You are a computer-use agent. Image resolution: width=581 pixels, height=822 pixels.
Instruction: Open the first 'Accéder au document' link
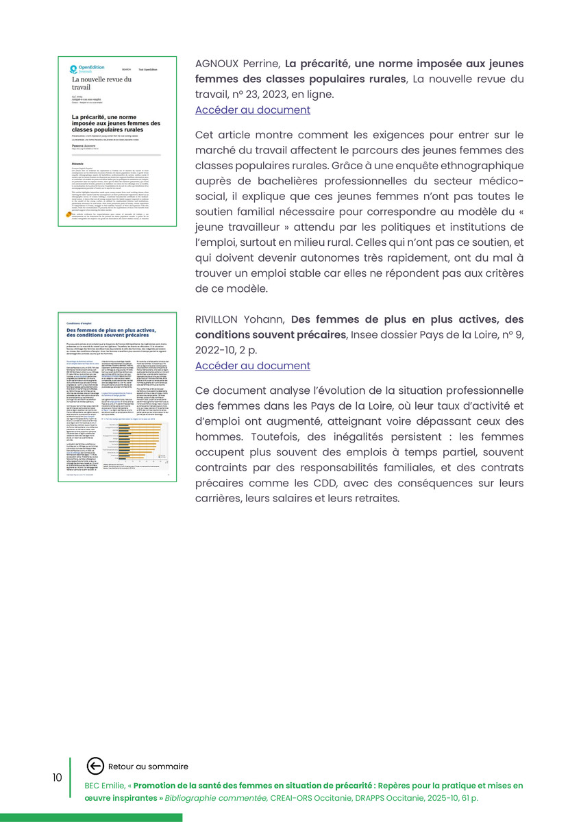pos(252,110)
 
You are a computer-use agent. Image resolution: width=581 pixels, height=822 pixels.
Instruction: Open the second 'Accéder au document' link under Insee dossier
pos(252,366)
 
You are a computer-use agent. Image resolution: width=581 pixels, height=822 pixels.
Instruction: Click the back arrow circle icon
pos(95,766)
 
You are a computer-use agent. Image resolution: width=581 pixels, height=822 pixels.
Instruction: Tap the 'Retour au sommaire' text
pos(148,767)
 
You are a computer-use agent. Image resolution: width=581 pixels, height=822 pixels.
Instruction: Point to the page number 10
pos(57,777)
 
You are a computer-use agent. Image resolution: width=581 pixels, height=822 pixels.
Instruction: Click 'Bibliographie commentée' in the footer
pos(216,798)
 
